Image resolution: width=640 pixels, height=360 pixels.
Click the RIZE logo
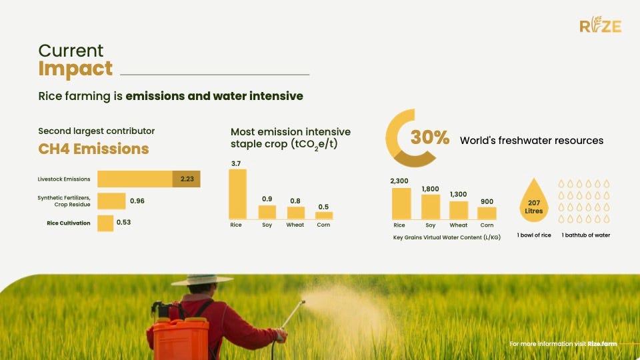pos(601,25)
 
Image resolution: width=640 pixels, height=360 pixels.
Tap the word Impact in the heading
pos(75,69)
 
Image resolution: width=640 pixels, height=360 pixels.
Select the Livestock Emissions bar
pos(149,179)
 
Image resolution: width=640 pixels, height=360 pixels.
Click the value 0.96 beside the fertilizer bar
pos(137,201)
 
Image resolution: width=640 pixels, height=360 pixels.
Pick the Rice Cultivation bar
pos(105,223)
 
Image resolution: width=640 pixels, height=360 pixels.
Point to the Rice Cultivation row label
pos(69,223)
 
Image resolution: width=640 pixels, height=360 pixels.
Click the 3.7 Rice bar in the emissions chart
pos(237,194)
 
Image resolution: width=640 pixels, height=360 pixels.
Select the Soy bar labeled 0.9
pos(267,212)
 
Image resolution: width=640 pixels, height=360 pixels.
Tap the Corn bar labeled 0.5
pos(324,215)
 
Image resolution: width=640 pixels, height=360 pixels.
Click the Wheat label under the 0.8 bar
pos(295,225)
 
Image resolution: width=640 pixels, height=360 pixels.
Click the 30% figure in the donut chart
pos(430,137)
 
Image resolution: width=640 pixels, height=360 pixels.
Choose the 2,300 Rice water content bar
pos(401,204)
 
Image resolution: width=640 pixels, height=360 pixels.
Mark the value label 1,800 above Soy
pos(430,189)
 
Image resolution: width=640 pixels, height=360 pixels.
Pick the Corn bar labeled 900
pos(487,213)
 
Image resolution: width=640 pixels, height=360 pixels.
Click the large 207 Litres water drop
pos(534,201)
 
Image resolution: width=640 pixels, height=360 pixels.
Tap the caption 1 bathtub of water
pos(586,235)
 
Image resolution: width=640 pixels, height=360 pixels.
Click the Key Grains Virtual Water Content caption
pos(447,237)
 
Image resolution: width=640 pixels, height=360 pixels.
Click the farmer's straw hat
pos(202,280)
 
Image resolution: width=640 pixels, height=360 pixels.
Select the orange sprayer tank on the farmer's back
pos(181,339)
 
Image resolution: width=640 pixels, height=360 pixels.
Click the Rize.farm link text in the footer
pos(602,344)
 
